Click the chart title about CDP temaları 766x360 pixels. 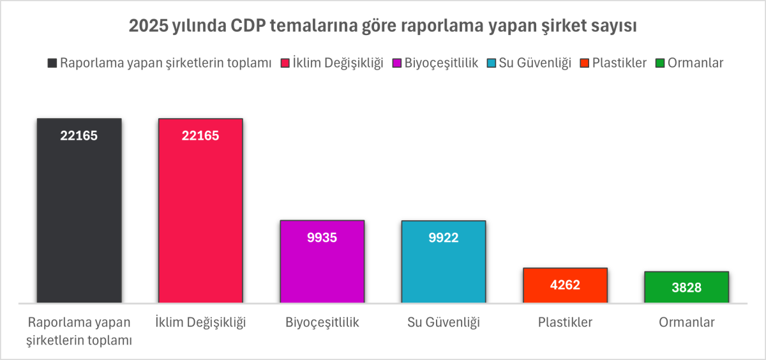383,27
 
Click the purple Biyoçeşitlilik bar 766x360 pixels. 322,268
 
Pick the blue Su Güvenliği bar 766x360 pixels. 444,268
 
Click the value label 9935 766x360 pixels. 322,237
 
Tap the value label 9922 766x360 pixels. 444,237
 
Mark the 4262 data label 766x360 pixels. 565,285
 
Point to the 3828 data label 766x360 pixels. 686,288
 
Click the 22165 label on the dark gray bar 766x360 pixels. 79,135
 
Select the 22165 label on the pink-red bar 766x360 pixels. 200,135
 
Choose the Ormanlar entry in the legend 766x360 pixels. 689,63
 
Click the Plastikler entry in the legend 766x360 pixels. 613,63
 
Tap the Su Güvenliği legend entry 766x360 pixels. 529,63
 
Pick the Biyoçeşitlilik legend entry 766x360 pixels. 435,63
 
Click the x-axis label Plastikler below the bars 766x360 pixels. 565,322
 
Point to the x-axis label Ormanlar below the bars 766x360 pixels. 686,322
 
